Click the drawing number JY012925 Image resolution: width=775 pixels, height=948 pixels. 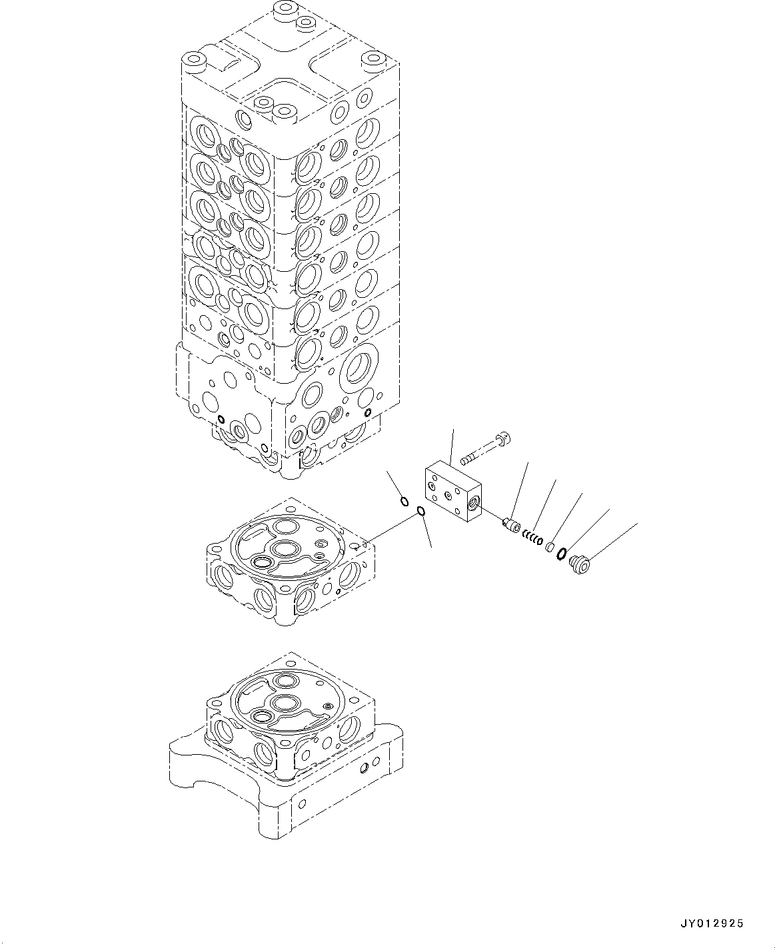[711, 923]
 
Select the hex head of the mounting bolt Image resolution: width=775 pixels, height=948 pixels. [504, 438]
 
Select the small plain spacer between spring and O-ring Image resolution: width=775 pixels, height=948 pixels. [550, 547]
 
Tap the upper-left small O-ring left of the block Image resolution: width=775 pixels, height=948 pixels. [404, 500]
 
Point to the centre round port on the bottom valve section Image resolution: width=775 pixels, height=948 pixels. [285, 702]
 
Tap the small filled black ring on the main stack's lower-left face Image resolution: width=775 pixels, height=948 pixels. [220, 419]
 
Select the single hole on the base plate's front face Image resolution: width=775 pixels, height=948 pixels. [363, 768]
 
